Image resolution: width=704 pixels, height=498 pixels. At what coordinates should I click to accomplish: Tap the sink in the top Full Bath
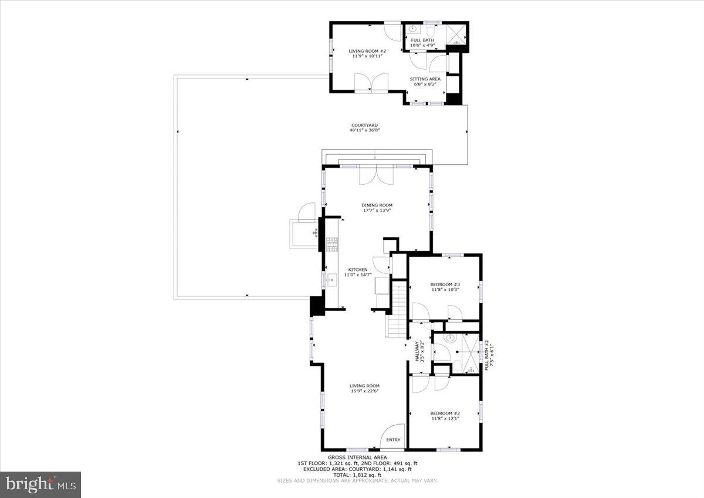(x=412, y=29)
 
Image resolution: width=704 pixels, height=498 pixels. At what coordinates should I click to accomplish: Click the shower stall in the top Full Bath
(x=456, y=33)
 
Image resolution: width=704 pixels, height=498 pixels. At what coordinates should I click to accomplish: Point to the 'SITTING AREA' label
(x=425, y=79)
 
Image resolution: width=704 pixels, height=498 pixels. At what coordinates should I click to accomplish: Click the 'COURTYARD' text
(x=364, y=125)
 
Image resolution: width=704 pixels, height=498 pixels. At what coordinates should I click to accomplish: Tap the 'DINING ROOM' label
(x=377, y=205)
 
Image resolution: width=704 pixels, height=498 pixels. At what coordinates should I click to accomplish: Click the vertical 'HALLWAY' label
(x=418, y=351)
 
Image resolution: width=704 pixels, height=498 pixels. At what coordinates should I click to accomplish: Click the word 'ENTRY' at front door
(x=393, y=440)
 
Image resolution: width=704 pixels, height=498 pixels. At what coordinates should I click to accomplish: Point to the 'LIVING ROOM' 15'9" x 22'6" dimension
(x=365, y=392)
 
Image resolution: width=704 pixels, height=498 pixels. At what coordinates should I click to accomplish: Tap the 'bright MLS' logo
(x=41, y=484)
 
